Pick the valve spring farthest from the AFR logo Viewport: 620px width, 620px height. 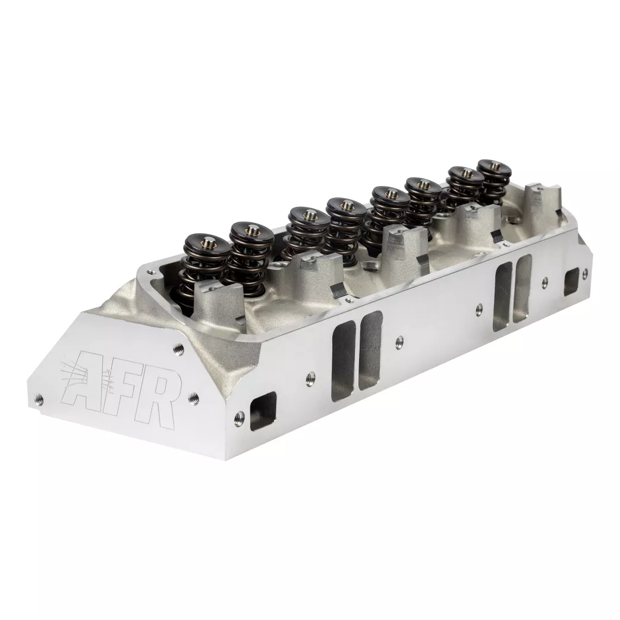coord(493,181)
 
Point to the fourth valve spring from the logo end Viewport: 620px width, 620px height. coord(345,223)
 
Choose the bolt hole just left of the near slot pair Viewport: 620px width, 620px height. coord(310,376)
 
